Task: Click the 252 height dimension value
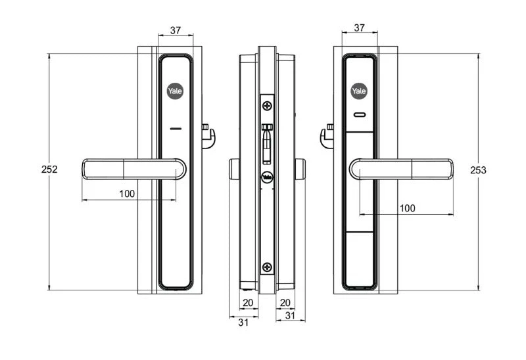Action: (x=49, y=169)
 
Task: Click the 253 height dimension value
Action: (x=478, y=170)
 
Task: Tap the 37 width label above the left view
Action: (x=176, y=30)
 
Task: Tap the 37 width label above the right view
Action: (x=360, y=28)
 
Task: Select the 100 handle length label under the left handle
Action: (x=127, y=193)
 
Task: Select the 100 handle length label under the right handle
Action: (x=408, y=208)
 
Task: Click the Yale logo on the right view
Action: (x=359, y=91)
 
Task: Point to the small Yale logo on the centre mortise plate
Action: (x=267, y=176)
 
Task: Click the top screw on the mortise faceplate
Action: (x=267, y=105)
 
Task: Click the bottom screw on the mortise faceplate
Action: (x=267, y=267)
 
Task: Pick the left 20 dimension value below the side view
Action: (x=249, y=303)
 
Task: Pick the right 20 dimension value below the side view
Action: (x=285, y=303)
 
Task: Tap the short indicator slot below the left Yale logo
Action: (x=176, y=129)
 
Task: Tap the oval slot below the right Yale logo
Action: (x=359, y=116)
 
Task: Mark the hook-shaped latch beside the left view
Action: (x=208, y=136)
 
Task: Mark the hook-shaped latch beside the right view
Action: (x=326, y=137)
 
